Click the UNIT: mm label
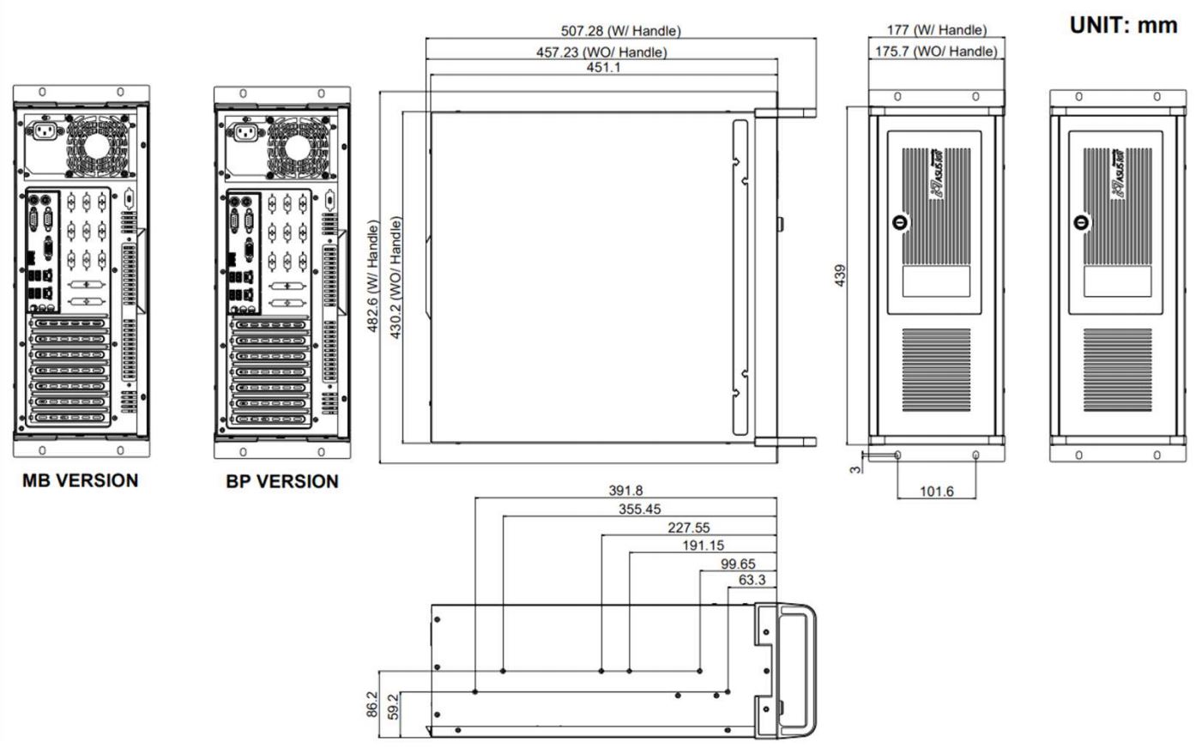click(x=1123, y=25)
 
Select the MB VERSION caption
click(x=80, y=480)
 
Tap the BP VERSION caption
click(x=282, y=481)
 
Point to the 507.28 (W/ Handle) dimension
click(x=620, y=31)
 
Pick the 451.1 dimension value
click(x=603, y=68)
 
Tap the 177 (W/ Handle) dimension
click(x=936, y=30)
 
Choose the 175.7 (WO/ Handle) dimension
click(x=936, y=51)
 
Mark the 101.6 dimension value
click(x=936, y=492)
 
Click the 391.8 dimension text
click(x=625, y=491)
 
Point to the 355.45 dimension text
click(x=640, y=510)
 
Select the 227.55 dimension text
click(x=688, y=528)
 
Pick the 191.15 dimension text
click(x=702, y=546)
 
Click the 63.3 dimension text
click(x=752, y=581)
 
